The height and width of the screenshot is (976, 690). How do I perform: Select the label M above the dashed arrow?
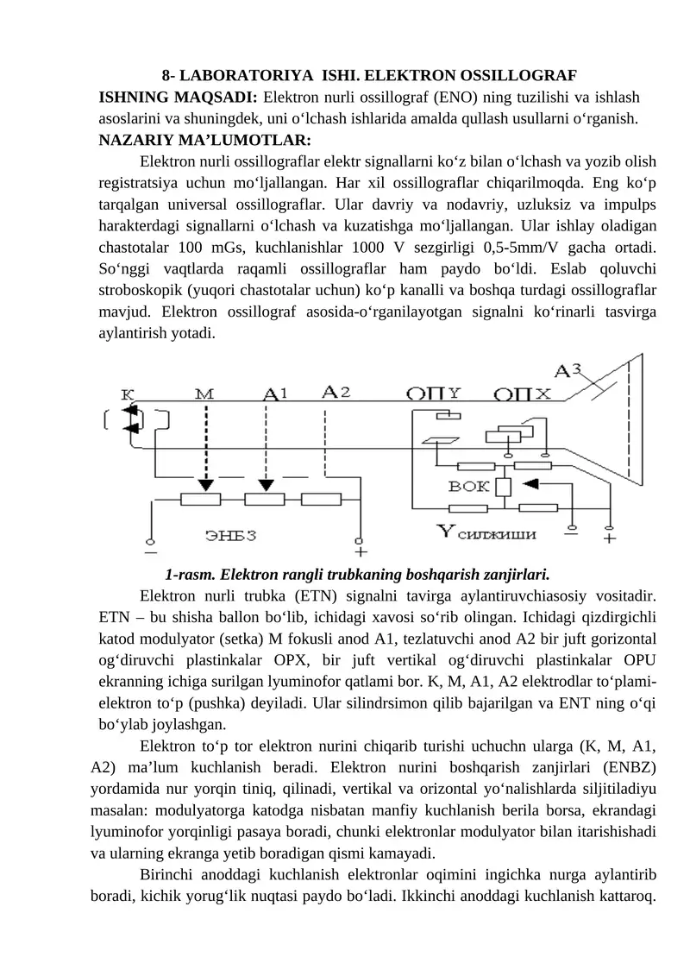[204, 393]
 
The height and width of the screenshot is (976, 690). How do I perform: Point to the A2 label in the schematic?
[336, 391]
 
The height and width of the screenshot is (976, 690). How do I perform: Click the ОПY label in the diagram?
[436, 394]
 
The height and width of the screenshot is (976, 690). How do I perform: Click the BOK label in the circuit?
[469, 487]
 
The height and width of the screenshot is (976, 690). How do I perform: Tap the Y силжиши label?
[487, 532]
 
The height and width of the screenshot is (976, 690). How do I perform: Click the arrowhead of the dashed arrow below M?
[204, 485]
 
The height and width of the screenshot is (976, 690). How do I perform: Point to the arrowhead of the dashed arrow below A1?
[267, 485]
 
